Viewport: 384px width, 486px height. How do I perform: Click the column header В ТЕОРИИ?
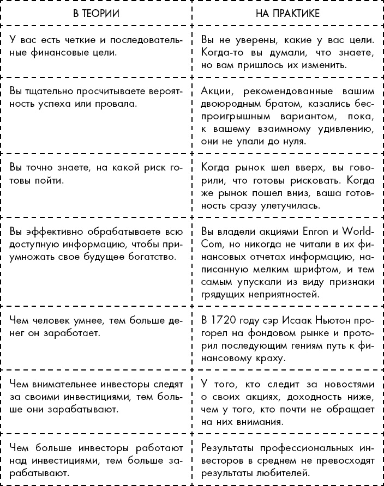[96, 12]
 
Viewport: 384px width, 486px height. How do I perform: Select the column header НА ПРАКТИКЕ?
[287, 12]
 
